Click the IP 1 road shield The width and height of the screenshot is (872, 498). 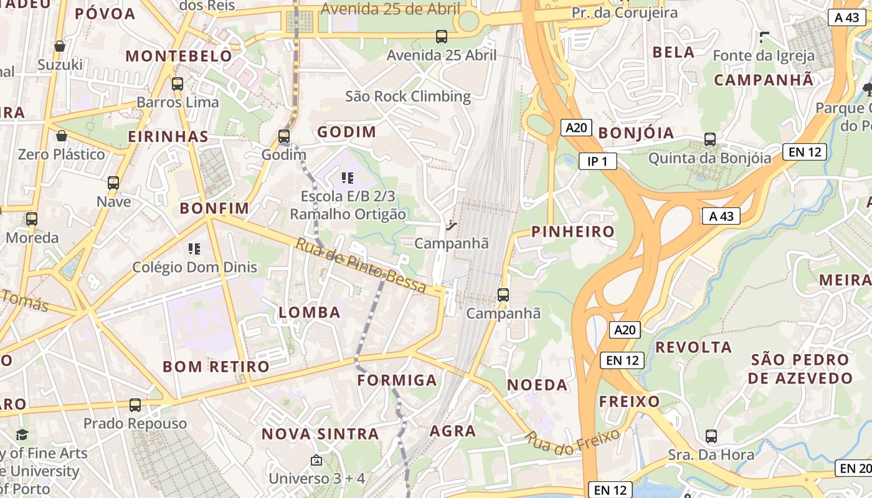(x=597, y=162)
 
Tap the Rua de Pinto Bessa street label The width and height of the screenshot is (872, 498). (x=361, y=266)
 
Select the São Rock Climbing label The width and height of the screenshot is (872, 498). (x=408, y=96)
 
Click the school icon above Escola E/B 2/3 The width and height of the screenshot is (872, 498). (x=348, y=179)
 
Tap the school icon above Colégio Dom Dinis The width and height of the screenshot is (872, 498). (x=194, y=250)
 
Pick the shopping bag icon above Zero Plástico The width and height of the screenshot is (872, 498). (x=62, y=136)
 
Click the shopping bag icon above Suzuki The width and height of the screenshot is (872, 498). (x=60, y=46)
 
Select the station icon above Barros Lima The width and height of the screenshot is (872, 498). (x=178, y=83)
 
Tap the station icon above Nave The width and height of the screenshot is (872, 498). (x=113, y=183)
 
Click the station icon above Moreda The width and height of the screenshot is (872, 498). (x=32, y=219)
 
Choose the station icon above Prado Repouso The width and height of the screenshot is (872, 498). (x=135, y=405)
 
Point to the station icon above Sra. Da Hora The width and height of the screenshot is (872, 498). (x=711, y=436)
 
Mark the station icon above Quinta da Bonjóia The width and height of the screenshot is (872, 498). (x=709, y=139)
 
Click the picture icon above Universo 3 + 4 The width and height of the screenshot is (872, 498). (x=316, y=461)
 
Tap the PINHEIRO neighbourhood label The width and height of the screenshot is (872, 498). (x=572, y=232)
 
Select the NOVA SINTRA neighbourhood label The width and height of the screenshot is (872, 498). (x=320, y=434)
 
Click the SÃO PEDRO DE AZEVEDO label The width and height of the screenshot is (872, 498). (x=800, y=369)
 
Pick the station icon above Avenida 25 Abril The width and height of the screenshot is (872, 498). (x=442, y=37)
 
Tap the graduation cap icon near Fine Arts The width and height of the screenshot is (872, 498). (x=22, y=435)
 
